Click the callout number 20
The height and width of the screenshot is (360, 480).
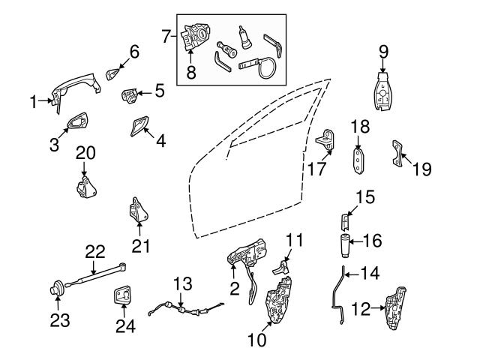(85, 152)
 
